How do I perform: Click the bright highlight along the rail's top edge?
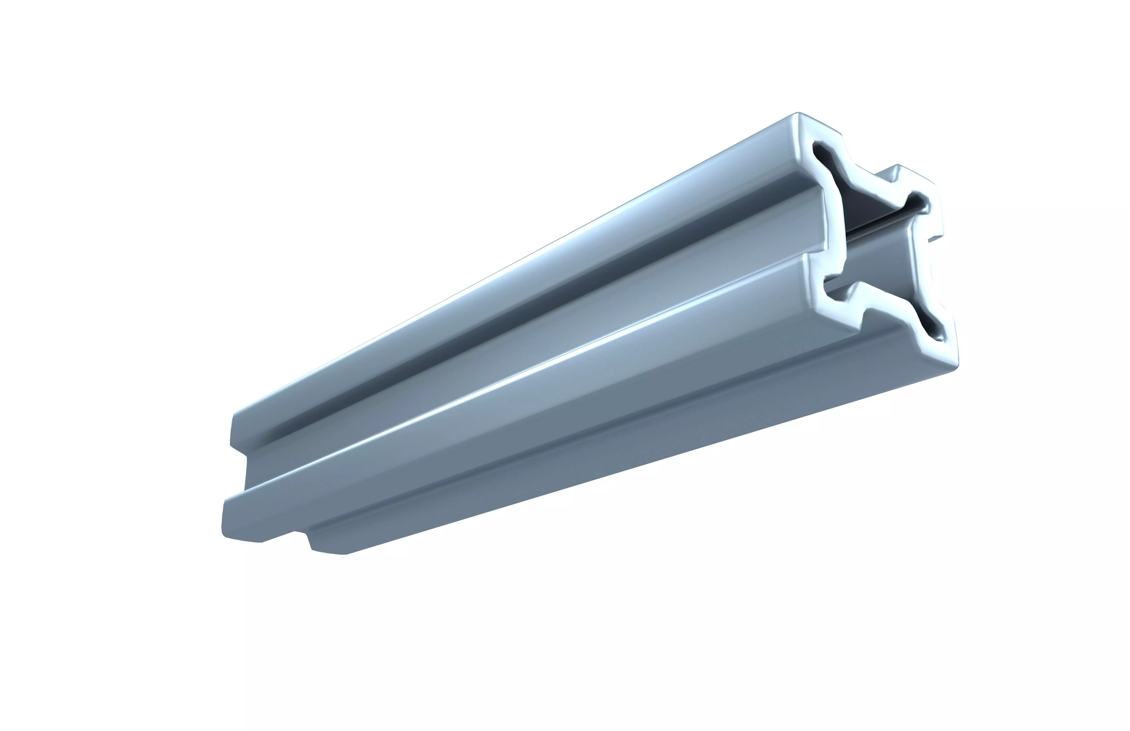[x=522, y=266]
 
